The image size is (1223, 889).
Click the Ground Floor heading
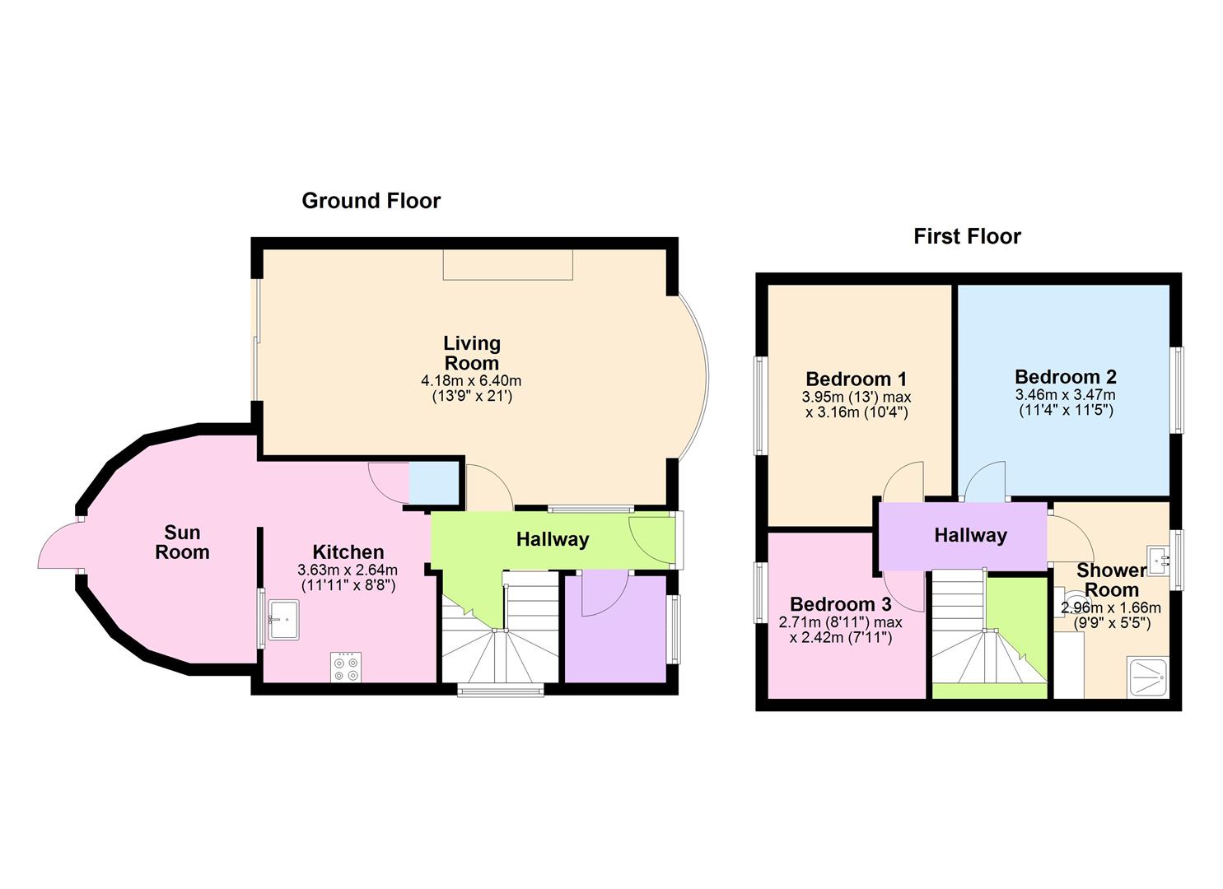pos(371,201)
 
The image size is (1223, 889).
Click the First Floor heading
pos(967,237)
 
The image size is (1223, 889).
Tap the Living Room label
pos(471,353)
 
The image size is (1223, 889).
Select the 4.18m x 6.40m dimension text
pos(471,381)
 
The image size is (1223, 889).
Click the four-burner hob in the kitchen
pos(346,667)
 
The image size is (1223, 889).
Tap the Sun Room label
pos(182,542)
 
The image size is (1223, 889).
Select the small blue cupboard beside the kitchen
pos(434,483)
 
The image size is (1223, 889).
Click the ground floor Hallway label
pos(552,540)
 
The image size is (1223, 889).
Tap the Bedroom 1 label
pos(856,379)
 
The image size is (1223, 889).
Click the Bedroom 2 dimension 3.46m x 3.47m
pos(1066,395)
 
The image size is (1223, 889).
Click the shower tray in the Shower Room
pos(1146,677)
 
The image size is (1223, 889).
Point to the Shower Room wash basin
pos(1163,561)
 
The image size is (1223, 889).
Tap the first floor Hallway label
pos(970,536)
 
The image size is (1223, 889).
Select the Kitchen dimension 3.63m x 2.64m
pos(348,570)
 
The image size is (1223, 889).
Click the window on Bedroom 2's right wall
pos(1179,389)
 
